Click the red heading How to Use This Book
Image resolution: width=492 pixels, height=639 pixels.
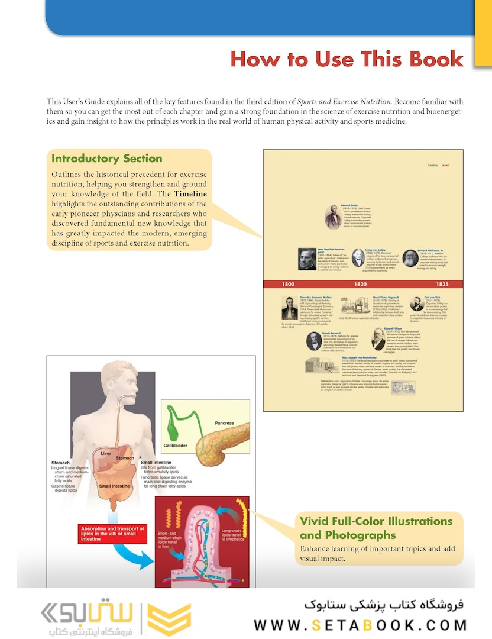click(x=347, y=59)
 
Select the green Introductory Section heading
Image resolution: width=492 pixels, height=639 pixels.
click(x=106, y=159)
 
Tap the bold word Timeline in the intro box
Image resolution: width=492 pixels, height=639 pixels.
click(x=191, y=193)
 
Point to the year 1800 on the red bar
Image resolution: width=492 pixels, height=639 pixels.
click(x=288, y=284)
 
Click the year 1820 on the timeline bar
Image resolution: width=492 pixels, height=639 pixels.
click(x=361, y=284)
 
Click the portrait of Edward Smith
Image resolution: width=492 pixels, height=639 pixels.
click(x=333, y=217)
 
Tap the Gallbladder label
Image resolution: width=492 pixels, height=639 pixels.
click(x=177, y=444)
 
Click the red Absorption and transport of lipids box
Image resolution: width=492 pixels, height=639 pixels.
click(x=111, y=533)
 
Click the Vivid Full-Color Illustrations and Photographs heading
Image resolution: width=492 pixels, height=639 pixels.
click(x=376, y=528)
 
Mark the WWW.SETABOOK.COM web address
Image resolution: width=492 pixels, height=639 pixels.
click(x=360, y=625)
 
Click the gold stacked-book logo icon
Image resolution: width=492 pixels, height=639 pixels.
click(x=169, y=619)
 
